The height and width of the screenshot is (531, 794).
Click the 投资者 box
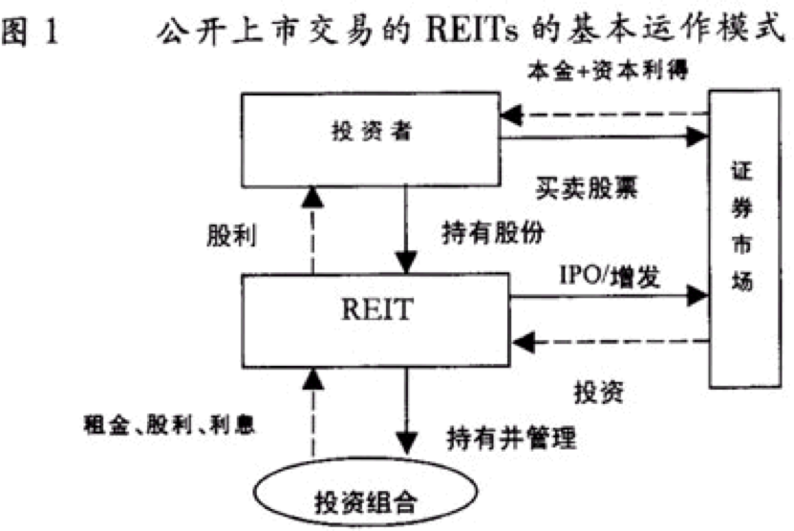[x=369, y=138]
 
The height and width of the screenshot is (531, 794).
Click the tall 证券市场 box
[x=741, y=239]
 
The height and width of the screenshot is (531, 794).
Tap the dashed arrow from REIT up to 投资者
[x=309, y=229]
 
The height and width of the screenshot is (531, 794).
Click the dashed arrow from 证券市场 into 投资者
[x=602, y=116]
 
